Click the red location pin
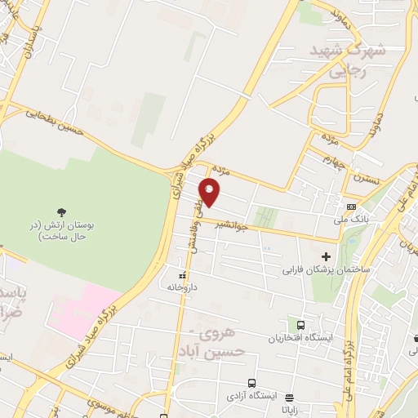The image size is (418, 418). click(x=210, y=193)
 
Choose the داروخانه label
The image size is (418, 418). click(x=184, y=287)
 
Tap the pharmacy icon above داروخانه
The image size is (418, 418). click(x=184, y=273)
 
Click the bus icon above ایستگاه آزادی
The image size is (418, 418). click(x=251, y=382)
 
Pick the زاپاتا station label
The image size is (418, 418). click(x=288, y=411)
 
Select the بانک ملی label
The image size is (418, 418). click(x=349, y=219)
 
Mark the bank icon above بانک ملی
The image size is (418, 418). click(x=350, y=207)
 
